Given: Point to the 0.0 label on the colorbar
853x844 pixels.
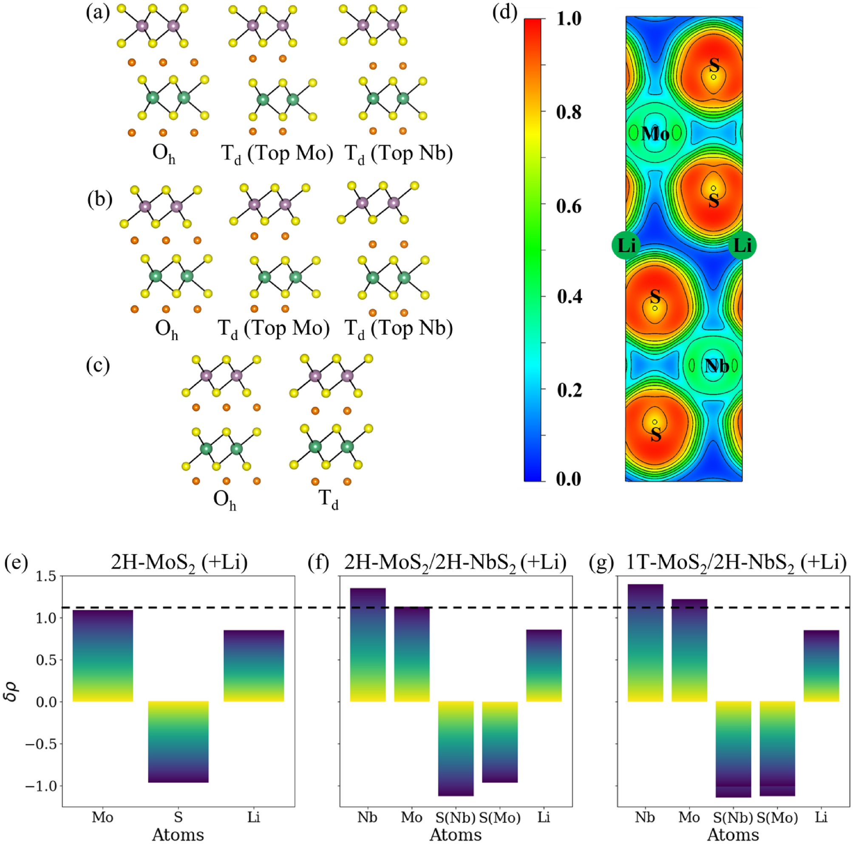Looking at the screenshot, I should (569, 479).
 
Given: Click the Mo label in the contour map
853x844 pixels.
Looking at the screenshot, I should (655, 133).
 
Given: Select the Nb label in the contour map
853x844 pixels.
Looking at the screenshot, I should (716, 366).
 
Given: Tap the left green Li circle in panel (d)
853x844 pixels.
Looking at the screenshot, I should (626, 245).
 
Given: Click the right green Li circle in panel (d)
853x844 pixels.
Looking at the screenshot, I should (742, 245).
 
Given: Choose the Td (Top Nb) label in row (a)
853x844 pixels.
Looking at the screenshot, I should (398, 154).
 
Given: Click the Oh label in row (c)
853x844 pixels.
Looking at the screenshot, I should (225, 500).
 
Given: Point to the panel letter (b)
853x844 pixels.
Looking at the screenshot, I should (100, 200).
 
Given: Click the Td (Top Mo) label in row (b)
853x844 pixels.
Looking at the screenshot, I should (274, 328).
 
